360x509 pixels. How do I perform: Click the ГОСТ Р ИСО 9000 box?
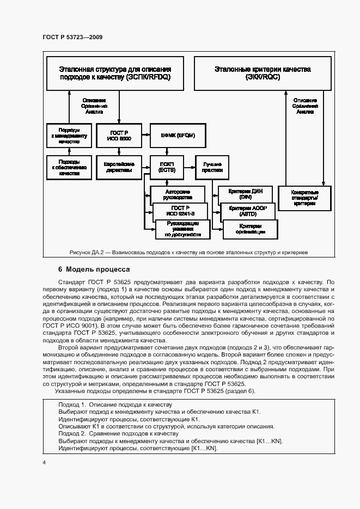(119, 136)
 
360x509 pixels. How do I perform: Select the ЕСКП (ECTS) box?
(166, 167)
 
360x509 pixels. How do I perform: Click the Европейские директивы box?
(119, 167)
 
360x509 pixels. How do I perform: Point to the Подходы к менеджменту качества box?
(69, 136)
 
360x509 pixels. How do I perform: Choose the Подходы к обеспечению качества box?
(69, 167)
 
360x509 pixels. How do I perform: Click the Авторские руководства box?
(177, 194)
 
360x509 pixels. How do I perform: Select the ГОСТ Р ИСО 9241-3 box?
(180, 211)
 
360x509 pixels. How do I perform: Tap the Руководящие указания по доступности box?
(183, 229)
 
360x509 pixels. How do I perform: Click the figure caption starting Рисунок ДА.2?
(188, 253)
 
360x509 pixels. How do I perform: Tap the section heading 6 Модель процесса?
(94, 269)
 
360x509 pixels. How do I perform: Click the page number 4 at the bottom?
(43, 462)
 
